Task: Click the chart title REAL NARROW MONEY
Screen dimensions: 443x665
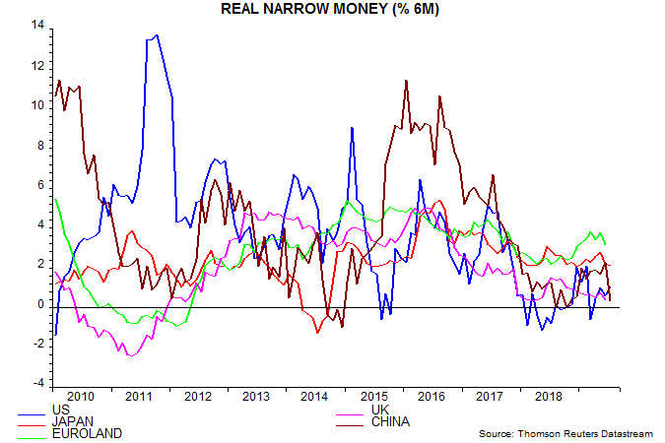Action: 333,9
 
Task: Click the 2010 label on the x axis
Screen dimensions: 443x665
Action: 82,397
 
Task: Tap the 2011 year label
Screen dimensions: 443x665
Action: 140,397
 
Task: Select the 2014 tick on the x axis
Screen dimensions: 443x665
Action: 315,397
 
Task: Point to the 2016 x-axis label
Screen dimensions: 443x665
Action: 432,397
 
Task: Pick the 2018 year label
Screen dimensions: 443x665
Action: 549,397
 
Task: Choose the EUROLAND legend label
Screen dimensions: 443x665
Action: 87,432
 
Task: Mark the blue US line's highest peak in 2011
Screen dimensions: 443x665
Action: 158,35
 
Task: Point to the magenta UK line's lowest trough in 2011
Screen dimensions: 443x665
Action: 130,355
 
